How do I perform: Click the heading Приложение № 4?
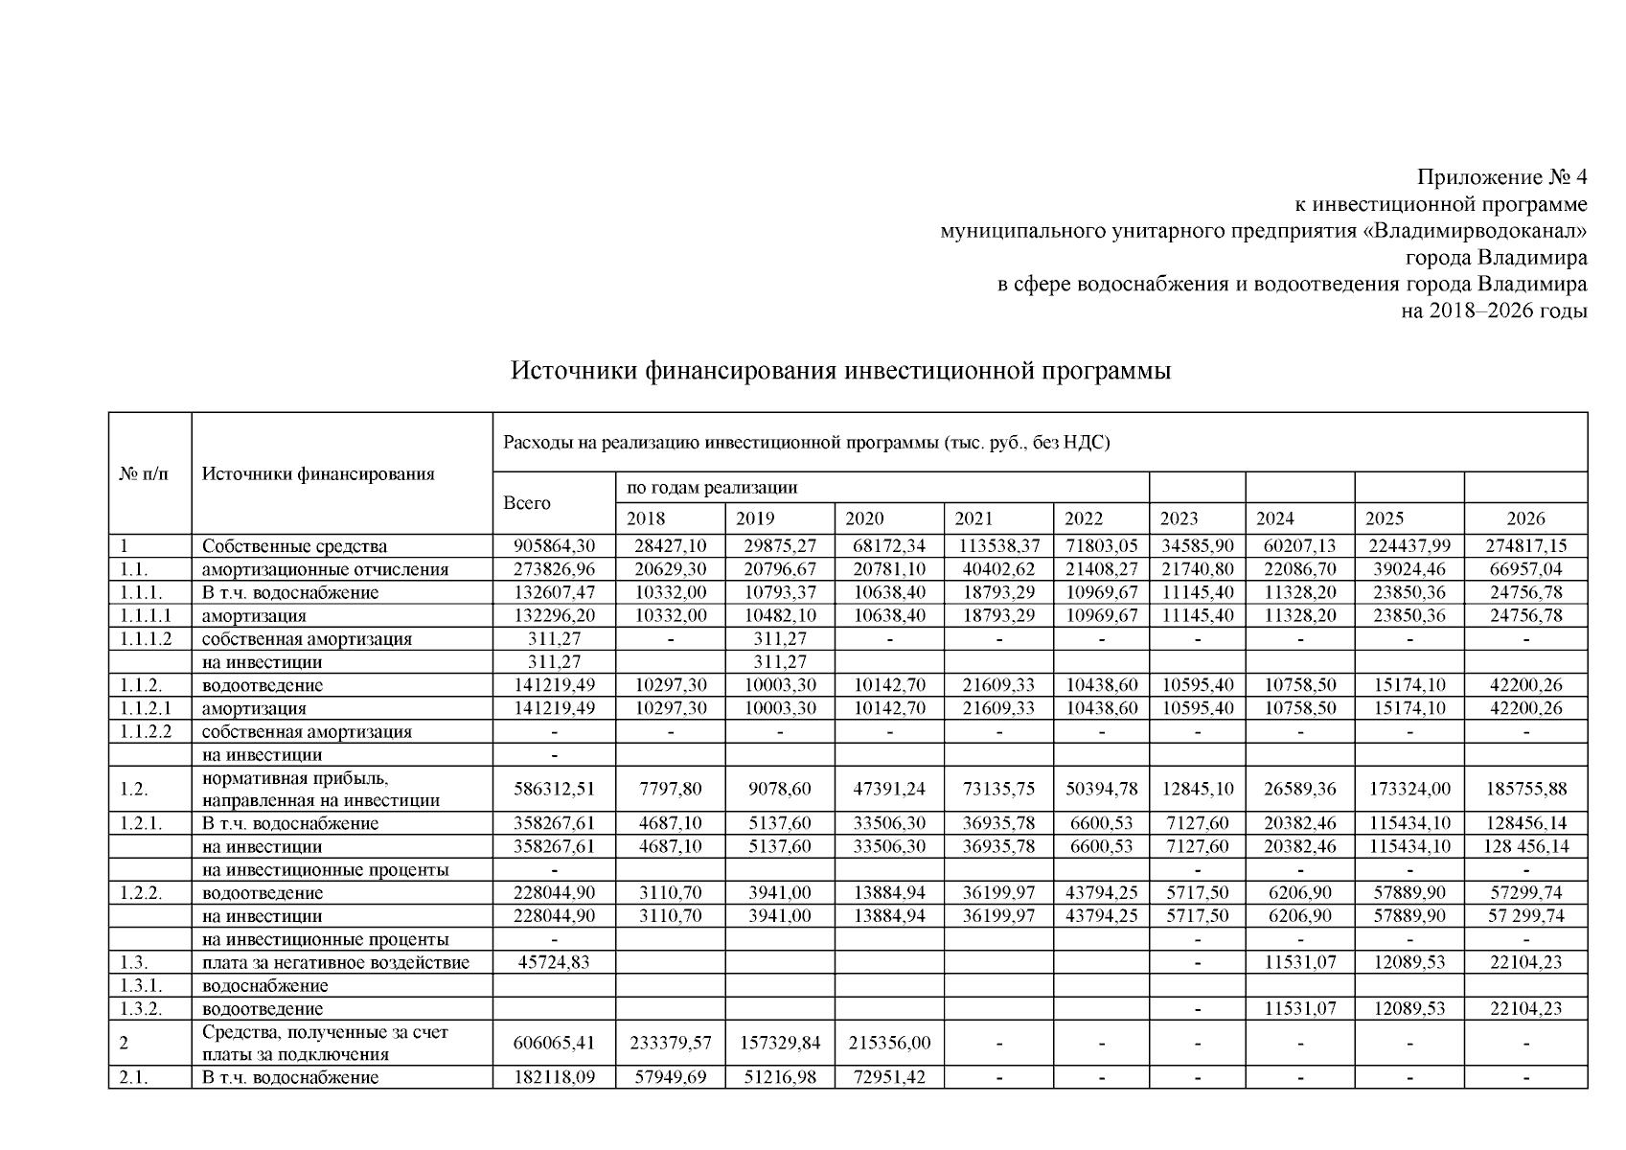click(x=1501, y=177)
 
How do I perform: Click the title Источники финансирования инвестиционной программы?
click(x=840, y=371)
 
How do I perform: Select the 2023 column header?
click(x=1179, y=518)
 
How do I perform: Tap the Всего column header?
click(x=527, y=503)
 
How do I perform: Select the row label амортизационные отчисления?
click(x=325, y=569)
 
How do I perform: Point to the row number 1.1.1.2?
click(x=146, y=638)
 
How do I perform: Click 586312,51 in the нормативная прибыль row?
click(x=554, y=789)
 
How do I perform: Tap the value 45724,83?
click(x=554, y=962)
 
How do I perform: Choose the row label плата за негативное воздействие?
click(x=335, y=962)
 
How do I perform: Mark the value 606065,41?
click(x=554, y=1043)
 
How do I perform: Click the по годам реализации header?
click(x=712, y=487)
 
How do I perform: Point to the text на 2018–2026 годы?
click(x=1494, y=310)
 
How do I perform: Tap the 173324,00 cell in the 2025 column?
click(x=1408, y=789)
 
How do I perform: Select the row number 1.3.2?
click(x=141, y=1008)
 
